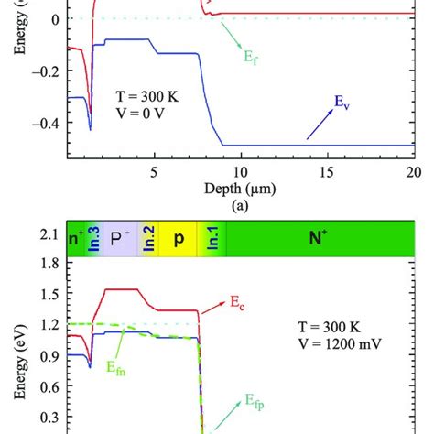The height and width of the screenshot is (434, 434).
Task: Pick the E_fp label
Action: coord(255,400)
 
